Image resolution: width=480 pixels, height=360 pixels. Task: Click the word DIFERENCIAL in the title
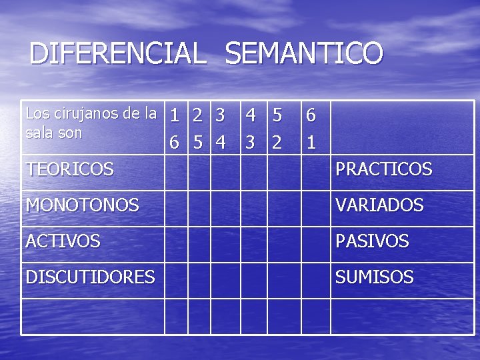pyautogui.click(x=117, y=53)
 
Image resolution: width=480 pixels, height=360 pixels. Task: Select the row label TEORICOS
pyautogui.click(x=69, y=170)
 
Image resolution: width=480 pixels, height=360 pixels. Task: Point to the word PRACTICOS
pyautogui.click(x=383, y=170)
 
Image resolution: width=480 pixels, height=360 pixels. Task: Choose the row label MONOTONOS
pyautogui.click(x=82, y=205)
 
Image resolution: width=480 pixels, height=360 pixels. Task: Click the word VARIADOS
pyautogui.click(x=379, y=205)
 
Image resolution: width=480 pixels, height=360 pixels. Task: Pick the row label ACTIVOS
pyautogui.click(x=63, y=241)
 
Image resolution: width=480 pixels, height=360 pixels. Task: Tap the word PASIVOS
pyautogui.click(x=372, y=241)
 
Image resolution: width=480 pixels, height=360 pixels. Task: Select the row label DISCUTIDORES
pyautogui.click(x=90, y=277)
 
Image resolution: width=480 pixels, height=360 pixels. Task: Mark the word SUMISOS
pyautogui.click(x=374, y=277)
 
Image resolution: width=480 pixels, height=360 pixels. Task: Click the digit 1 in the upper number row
pyautogui.click(x=174, y=116)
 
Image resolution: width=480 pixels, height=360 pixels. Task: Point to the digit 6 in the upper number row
pyautogui.click(x=310, y=116)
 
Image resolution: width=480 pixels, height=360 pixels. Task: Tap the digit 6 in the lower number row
pyautogui.click(x=174, y=143)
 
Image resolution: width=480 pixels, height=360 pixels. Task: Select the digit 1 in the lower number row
pyautogui.click(x=310, y=143)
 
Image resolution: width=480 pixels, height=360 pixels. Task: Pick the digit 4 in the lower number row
pyautogui.click(x=221, y=143)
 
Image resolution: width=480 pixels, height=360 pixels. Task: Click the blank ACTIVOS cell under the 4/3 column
pyautogui.click(x=254, y=244)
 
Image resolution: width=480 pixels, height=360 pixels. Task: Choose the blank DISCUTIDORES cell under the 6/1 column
pyautogui.click(x=315, y=280)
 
